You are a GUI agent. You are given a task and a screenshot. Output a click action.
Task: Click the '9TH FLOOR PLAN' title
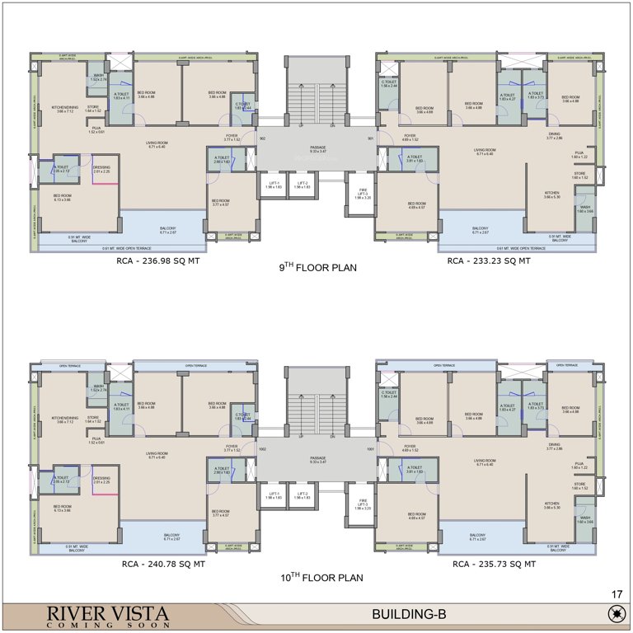click(x=318, y=267)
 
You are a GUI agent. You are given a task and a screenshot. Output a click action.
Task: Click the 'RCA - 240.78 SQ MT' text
click(x=162, y=565)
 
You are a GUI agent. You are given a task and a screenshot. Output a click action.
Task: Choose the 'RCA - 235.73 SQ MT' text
click(x=494, y=565)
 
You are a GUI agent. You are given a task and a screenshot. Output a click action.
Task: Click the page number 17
click(x=617, y=593)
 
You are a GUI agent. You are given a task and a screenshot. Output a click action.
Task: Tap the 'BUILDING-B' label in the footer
click(x=408, y=614)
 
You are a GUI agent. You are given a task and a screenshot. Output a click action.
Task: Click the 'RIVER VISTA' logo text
click(x=96, y=613)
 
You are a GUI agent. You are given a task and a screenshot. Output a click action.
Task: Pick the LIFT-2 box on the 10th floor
click(x=302, y=495)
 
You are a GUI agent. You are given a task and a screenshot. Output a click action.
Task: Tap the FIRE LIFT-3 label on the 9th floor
click(x=363, y=195)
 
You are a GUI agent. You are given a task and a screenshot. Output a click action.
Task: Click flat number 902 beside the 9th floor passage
click(x=262, y=139)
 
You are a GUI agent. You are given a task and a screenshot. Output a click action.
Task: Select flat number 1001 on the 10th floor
click(x=371, y=449)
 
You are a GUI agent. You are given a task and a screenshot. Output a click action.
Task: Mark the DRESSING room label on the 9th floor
click(x=101, y=170)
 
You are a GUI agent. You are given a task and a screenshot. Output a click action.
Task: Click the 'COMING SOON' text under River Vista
click(x=96, y=625)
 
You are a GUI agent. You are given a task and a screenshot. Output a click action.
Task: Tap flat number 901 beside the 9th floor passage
click(x=371, y=139)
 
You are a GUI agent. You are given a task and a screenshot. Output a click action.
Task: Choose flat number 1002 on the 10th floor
click(x=262, y=449)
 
